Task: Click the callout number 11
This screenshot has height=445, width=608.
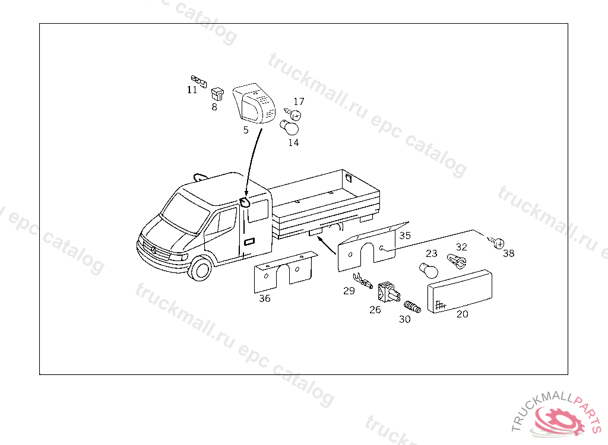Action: click(x=192, y=90)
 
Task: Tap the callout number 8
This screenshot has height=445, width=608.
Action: click(x=214, y=107)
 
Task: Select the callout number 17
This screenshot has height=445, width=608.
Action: click(x=299, y=101)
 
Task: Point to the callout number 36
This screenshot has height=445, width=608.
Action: click(x=265, y=298)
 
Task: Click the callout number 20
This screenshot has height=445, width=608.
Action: click(x=462, y=314)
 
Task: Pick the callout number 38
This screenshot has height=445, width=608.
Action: click(x=509, y=253)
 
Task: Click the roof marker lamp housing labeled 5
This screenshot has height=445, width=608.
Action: click(x=254, y=103)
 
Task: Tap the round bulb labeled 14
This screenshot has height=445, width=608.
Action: click(x=290, y=128)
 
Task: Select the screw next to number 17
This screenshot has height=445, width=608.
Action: click(x=293, y=115)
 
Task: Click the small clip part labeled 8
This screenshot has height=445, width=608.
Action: click(x=217, y=94)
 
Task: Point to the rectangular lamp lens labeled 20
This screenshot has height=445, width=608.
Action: click(x=460, y=291)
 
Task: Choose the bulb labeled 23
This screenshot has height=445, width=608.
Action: click(x=429, y=271)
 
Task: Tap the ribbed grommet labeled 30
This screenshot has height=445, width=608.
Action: click(x=412, y=307)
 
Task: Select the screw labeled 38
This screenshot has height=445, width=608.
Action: click(x=496, y=242)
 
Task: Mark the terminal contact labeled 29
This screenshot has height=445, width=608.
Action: click(x=363, y=281)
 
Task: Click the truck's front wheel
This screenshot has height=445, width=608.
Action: click(x=201, y=269)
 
